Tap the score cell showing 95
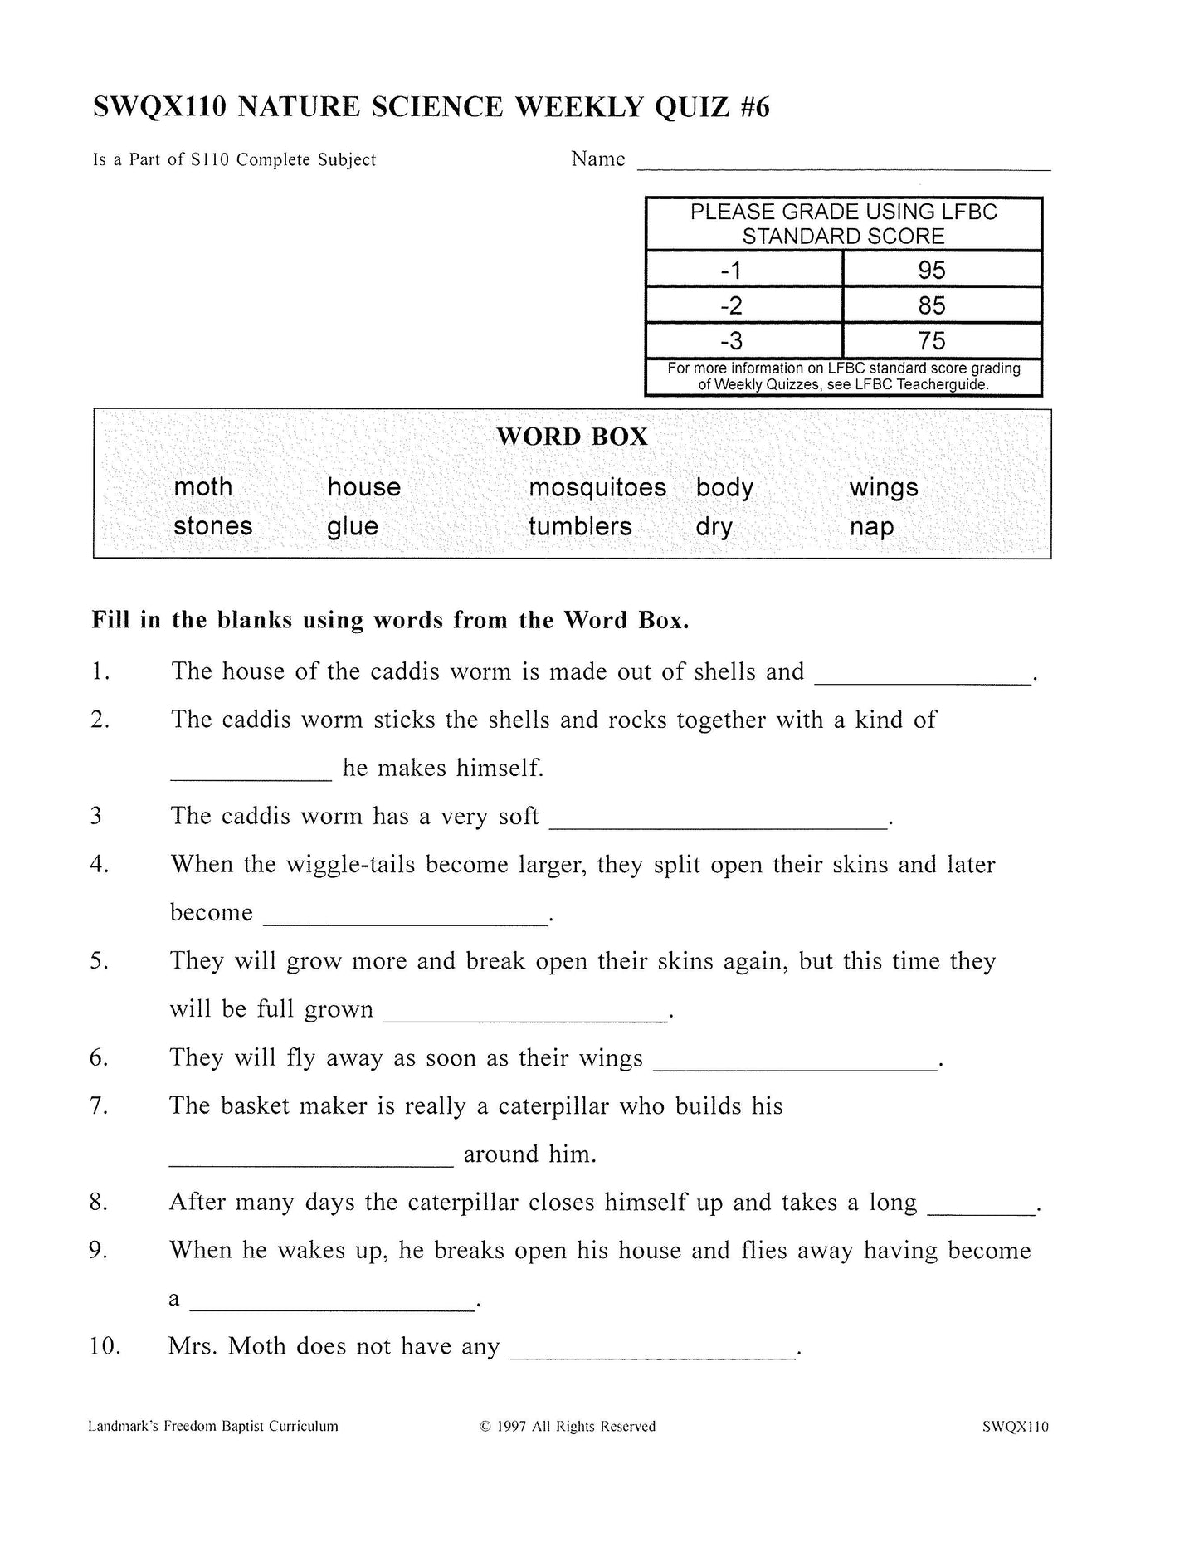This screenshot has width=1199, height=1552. click(x=931, y=271)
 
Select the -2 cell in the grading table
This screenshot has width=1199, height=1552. click(x=731, y=306)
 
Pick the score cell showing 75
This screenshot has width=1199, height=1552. click(x=931, y=341)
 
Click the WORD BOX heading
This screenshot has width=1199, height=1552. click(x=572, y=437)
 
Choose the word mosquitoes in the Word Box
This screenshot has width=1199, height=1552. click(x=597, y=487)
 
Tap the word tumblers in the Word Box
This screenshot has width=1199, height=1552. click(x=580, y=526)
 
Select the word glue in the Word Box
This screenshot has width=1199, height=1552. click(x=353, y=526)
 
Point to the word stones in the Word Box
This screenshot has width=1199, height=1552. click(x=213, y=526)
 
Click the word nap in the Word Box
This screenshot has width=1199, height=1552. click(x=871, y=526)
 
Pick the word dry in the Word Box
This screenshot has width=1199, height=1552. click(x=714, y=526)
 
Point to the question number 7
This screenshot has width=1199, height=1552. click(x=99, y=1106)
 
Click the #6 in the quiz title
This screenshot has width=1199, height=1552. click(x=753, y=108)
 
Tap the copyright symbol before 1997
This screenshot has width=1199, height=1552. click(x=485, y=1427)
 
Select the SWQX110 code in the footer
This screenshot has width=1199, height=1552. click(x=1015, y=1427)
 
